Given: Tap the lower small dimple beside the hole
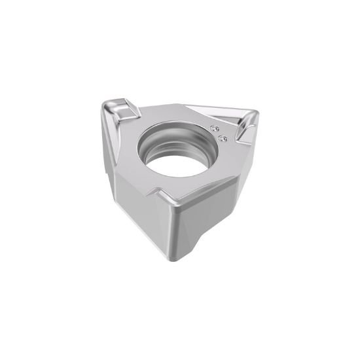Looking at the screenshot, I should coord(221,137).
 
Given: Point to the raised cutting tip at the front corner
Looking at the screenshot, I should coord(166,197).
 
